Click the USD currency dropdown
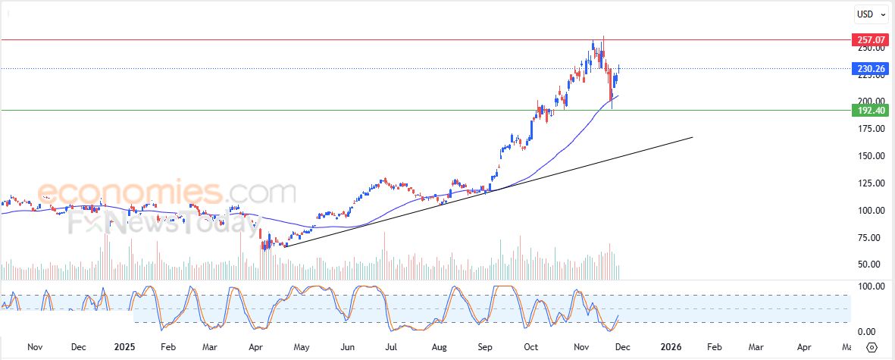(x=868, y=14)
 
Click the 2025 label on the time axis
(x=125, y=347)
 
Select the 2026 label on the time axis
(x=671, y=347)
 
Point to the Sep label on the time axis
(x=485, y=347)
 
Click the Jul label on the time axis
(x=391, y=347)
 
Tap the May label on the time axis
(x=302, y=347)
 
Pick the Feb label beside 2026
(x=714, y=347)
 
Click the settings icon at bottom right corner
(x=872, y=347)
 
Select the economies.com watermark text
(x=167, y=193)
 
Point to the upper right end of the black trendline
(x=693, y=137)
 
